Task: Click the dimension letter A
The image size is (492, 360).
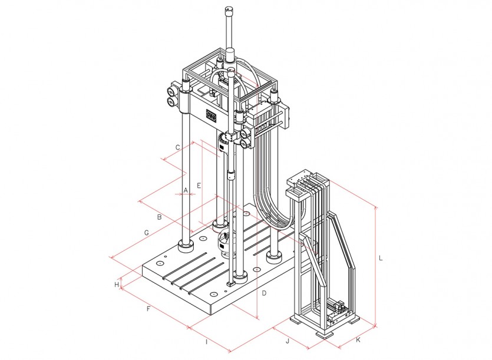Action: (x=186, y=190)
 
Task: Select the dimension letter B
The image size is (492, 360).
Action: (x=159, y=217)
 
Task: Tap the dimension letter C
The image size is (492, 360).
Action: (x=177, y=147)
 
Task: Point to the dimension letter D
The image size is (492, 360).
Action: (x=264, y=293)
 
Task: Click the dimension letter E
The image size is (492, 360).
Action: (x=199, y=186)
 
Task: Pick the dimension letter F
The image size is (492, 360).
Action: (x=148, y=309)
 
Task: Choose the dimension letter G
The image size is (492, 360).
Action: (x=146, y=233)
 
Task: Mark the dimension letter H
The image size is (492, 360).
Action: (x=117, y=285)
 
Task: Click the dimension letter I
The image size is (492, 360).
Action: (x=206, y=342)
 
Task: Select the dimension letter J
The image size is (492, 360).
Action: (x=288, y=341)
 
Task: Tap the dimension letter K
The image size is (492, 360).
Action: (x=358, y=340)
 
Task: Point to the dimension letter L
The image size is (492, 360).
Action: (x=381, y=258)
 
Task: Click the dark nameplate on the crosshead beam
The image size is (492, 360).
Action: (x=212, y=115)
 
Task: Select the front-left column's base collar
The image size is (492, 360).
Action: (x=186, y=246)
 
